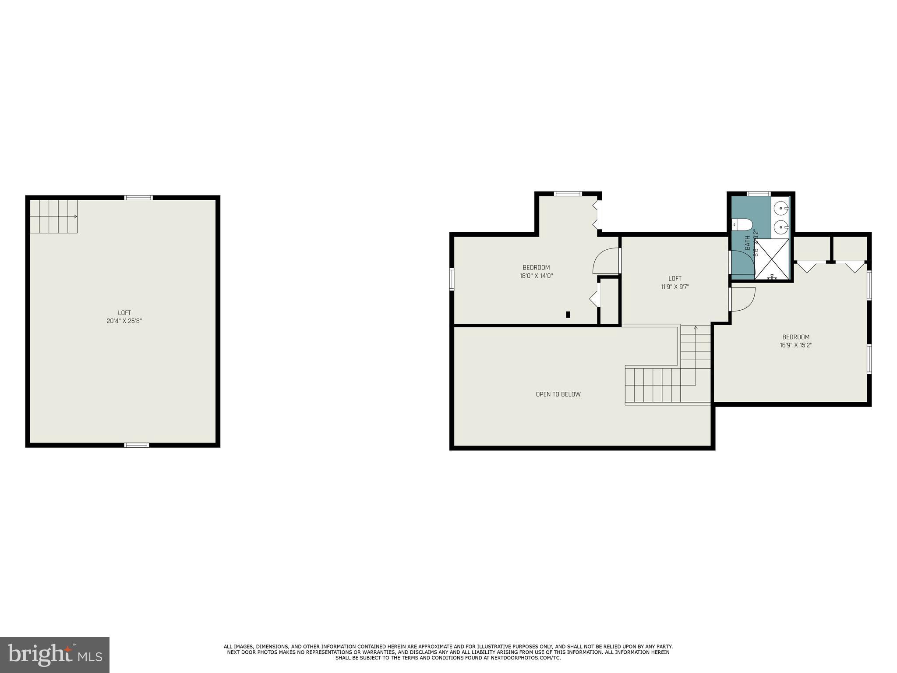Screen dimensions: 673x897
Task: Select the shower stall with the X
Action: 773,259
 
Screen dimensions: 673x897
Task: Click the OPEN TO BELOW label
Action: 558,394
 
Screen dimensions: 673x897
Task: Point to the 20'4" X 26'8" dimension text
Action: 124,321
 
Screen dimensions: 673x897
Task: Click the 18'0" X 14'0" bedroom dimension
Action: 536,276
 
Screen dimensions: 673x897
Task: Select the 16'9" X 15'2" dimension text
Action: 796,345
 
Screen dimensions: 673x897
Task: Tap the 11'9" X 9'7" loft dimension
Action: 675,287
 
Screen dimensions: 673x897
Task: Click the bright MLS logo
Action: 55,655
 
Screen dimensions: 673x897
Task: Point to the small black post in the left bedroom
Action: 568,314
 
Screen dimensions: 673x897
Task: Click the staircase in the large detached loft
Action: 53,216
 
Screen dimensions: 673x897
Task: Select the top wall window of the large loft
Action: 139,198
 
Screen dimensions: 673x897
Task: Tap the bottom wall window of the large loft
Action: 137,445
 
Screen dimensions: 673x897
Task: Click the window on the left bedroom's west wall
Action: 452,279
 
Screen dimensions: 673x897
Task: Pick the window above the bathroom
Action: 759,194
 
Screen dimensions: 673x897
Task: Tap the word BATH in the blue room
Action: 747,243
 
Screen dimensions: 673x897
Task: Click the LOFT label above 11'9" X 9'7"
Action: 675,279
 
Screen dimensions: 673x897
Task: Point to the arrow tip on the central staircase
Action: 696,327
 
